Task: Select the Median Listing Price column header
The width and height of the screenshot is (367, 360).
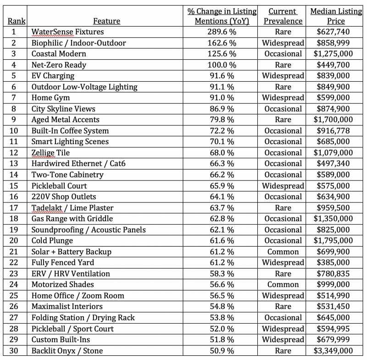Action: tap(336, 16)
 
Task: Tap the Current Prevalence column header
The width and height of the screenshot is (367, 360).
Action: tap(283, 16)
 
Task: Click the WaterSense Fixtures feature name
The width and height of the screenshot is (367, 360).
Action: tap(67, 32)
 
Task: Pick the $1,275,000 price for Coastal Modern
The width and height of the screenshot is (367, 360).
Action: tap(333, 54)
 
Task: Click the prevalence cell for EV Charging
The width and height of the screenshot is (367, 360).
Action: tap(283, 76)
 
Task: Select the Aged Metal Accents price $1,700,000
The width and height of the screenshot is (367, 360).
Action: tap(333, 120)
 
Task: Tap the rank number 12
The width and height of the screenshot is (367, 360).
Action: tap(14, 153)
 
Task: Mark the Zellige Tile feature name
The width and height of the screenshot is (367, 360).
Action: tap(50, 153)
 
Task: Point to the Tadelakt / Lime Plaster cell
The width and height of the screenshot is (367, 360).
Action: tap(72, 208)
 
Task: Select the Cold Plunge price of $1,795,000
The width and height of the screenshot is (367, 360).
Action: tap(333, 241)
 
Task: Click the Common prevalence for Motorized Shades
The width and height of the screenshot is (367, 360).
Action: tap(283, 285)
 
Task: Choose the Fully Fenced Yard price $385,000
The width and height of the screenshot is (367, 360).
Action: tap(333, 263)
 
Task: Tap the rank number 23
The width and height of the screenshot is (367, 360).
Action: tap(14, 274)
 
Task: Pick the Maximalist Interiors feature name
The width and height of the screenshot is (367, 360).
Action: tap(67, 307)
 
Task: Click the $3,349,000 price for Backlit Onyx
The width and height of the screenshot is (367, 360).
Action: tap(333, 351)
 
